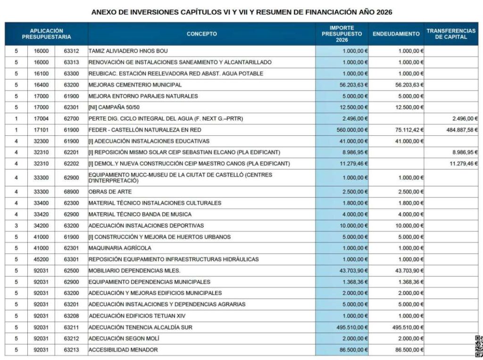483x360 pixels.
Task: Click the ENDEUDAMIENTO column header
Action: pos(396,34)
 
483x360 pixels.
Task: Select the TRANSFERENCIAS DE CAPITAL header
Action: pos(451,34)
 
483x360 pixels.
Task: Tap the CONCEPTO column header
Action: pos(201,34)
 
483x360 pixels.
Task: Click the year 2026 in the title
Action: pos(384,12)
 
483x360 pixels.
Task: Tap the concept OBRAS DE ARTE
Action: pos(110,192)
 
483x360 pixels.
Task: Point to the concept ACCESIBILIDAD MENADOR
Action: pos(123,350)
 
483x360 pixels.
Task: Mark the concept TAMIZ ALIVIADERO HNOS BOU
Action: pos(128,51)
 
